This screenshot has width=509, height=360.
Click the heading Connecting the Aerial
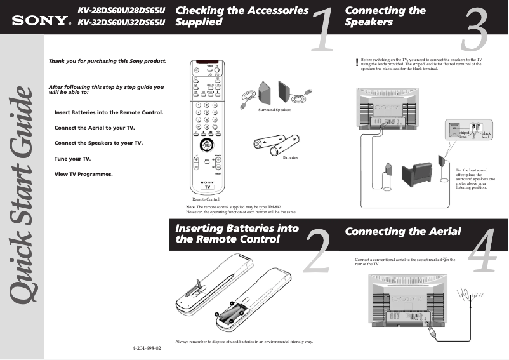click(x=402, y=232)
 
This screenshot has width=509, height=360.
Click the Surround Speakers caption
click(x=274, y=110)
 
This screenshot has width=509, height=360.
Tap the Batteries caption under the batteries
click(x=290, y=157)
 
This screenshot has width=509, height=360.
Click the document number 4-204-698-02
click(x=147, y=349)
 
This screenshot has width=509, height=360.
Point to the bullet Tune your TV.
click(x=72, y=158)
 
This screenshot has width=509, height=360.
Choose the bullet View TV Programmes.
click(x=84, y=173)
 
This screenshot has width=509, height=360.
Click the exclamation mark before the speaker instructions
click(x=357, y=62)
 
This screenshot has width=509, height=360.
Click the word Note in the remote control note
click(x=190, y=207)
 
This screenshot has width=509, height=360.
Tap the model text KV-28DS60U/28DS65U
click(x=121, y=10)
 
